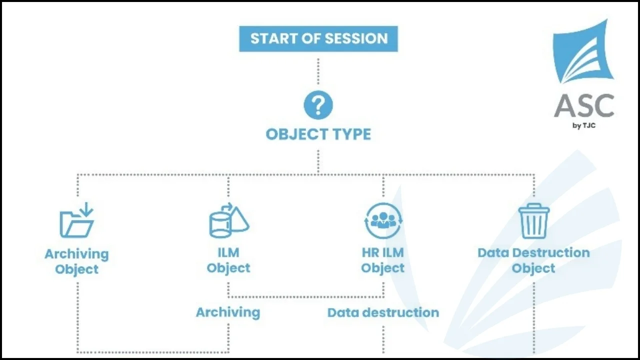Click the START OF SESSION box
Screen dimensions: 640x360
coord(318,39)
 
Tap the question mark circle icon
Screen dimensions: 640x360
coord(318,105)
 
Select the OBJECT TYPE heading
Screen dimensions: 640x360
coord(318,134)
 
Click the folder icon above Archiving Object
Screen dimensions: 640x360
coord(77,220)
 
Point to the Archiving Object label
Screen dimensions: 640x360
coord(77,261)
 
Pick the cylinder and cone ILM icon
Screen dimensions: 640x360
coord(229,220)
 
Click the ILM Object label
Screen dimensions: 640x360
coord(228,260)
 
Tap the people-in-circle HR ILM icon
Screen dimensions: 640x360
coord(383,220)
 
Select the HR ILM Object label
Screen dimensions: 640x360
coord(383,260)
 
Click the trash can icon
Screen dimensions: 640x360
coord(533,221)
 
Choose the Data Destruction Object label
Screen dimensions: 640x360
coord(533,260)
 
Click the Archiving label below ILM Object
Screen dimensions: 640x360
coord(228,312)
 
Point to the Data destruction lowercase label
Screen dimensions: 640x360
coord(383,312)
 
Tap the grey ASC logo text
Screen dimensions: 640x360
coord(584,105)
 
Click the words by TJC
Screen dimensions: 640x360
coord(584,125)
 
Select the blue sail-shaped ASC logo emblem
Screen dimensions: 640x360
coord(583,51)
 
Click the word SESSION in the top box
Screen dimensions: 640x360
coord(356,38)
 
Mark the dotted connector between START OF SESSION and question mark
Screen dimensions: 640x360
coord(318,71)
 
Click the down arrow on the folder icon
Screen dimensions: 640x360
coord(86,209)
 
